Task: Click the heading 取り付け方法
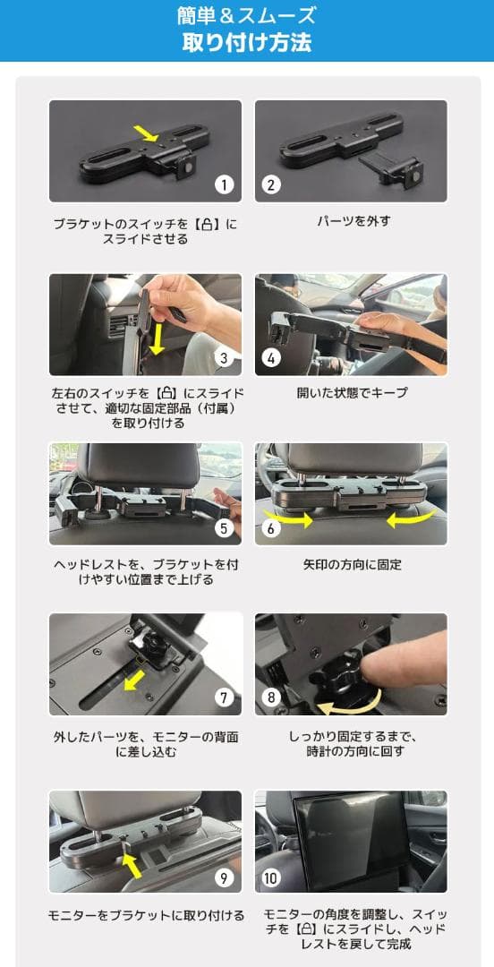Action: click(247, 42)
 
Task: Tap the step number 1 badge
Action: click(224, 184)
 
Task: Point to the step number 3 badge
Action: click(224, 358)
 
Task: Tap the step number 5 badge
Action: click(224, 527)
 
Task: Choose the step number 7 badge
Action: click(224, 697)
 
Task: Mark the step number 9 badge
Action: click(224, 877)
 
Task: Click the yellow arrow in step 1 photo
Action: click(144, 133)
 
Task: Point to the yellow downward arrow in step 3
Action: click(158, 338)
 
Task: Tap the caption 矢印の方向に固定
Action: click(352, 565)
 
